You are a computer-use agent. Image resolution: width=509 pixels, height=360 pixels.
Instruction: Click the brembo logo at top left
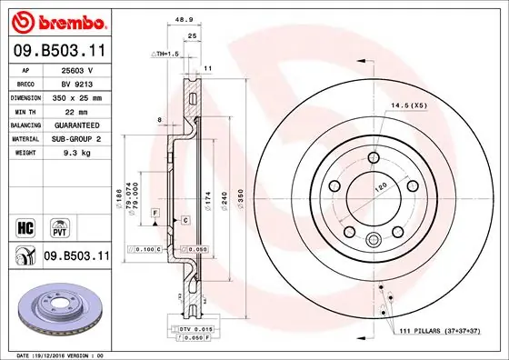tap(56, 19)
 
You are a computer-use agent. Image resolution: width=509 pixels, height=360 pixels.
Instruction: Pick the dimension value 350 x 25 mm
tap(76, 95)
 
